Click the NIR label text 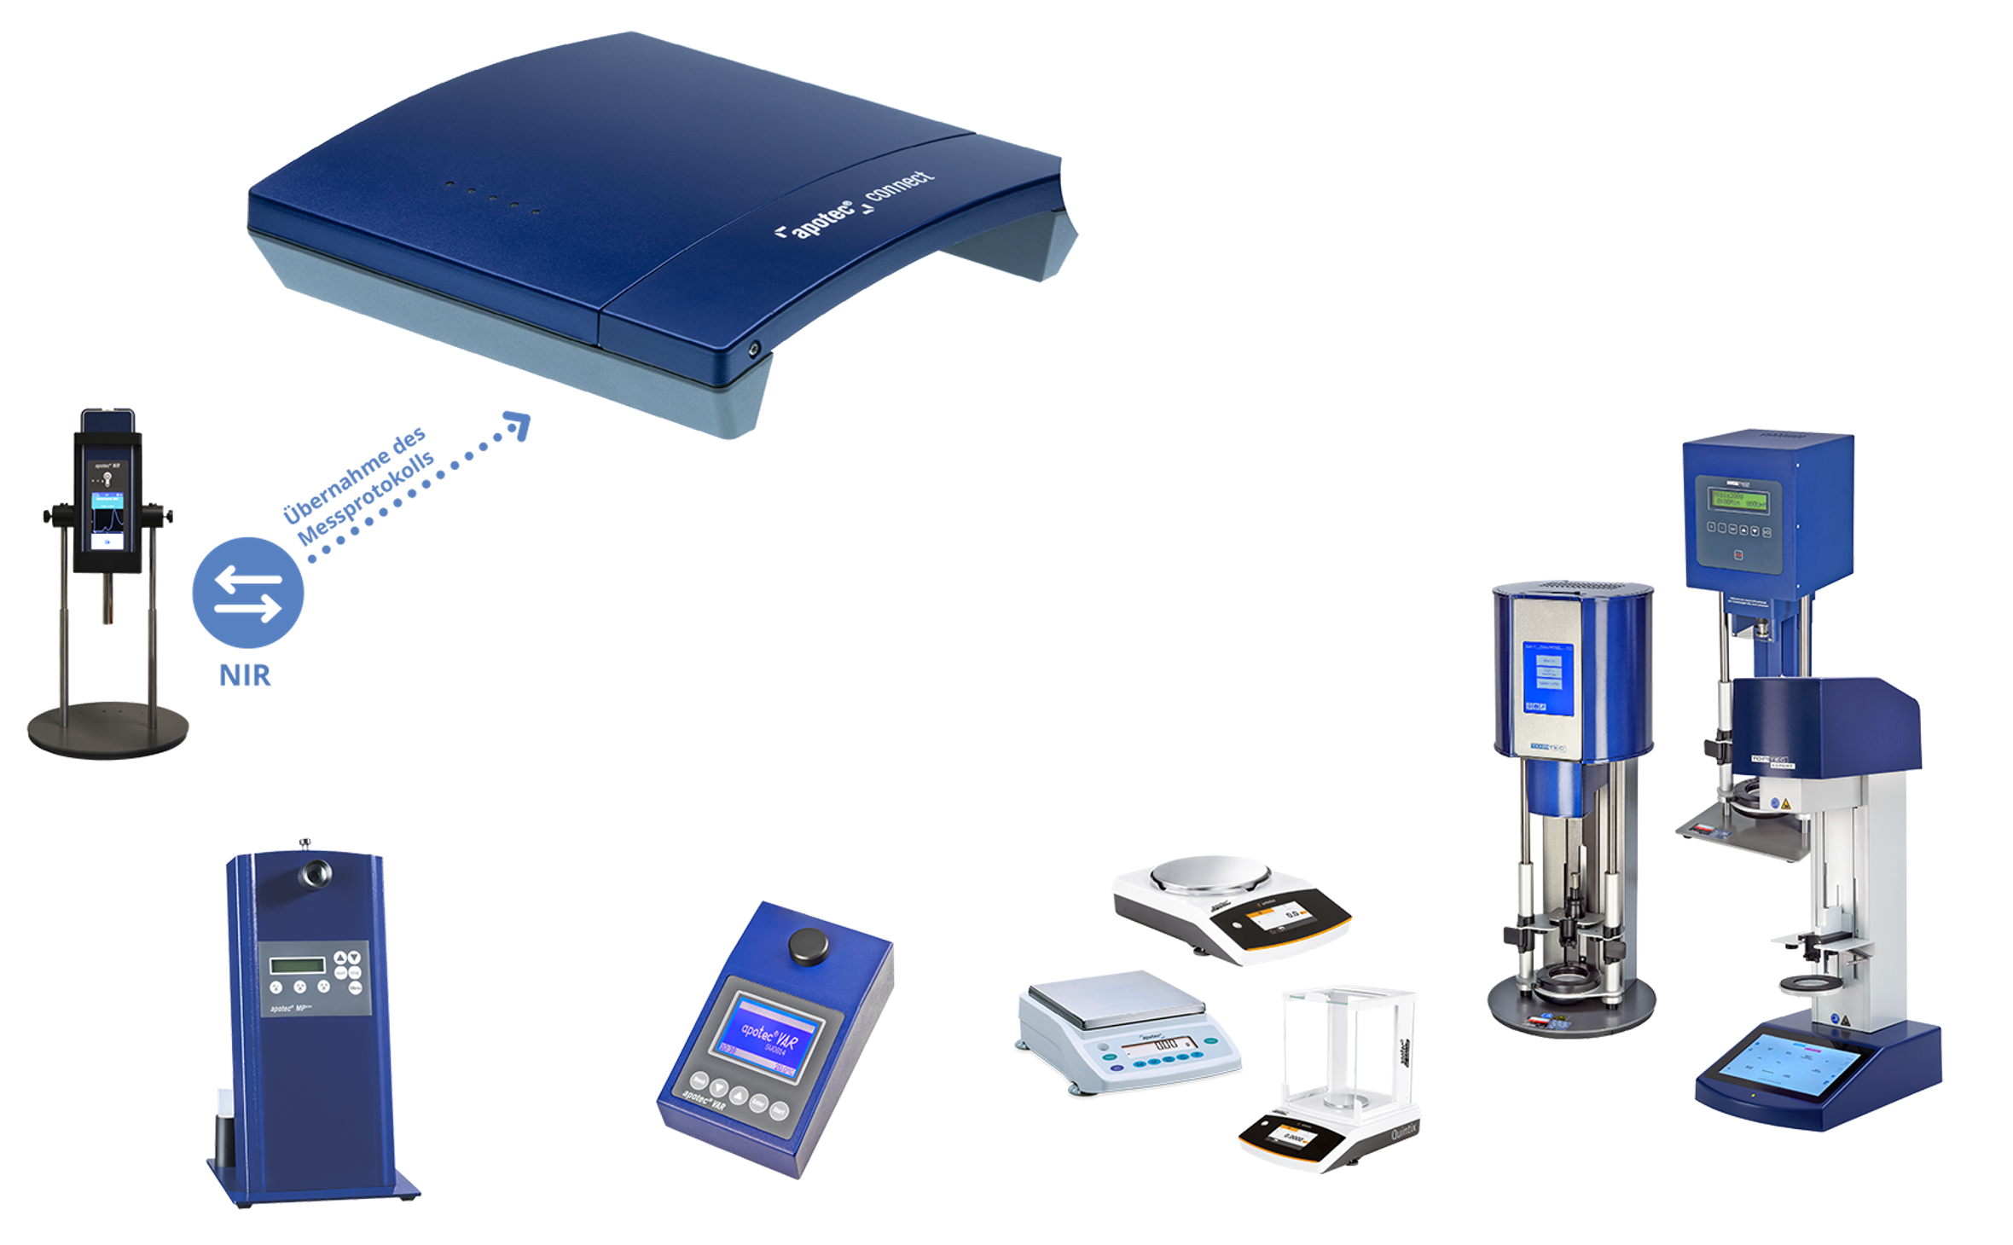(x=245, y=675)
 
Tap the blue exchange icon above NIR (x=247, y=594)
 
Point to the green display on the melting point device (x=298, y=965)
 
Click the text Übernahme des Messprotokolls (x=358, y=488)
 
